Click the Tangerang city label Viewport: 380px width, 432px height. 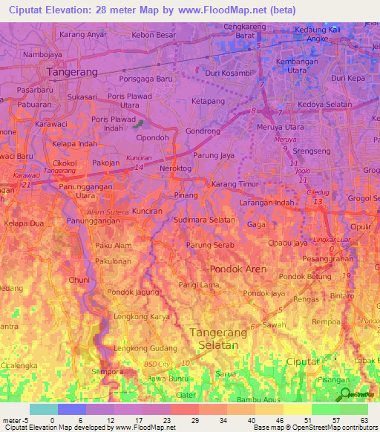point(72,72)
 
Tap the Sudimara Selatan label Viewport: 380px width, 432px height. point(198,220)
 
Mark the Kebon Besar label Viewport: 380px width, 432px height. point(154,35)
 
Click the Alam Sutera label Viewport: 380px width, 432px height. point(103,212)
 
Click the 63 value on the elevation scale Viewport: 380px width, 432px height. point(363,420)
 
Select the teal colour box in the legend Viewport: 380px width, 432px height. point(43,409)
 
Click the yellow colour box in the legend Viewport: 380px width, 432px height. point(297,409)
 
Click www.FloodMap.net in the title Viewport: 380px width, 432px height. point(231,10)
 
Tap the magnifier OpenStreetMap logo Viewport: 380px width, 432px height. point(346,395)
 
